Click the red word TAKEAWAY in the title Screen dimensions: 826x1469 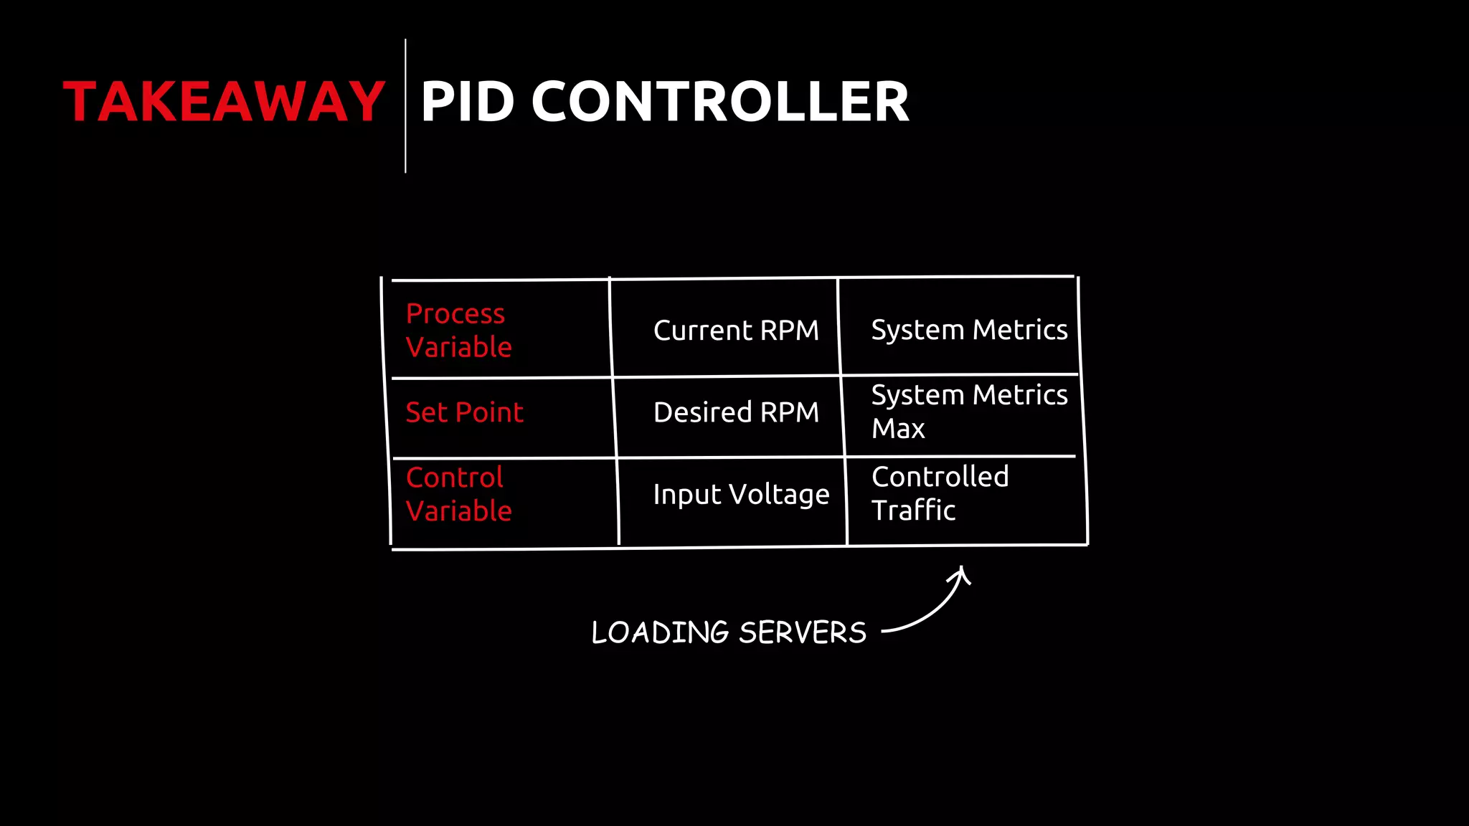coord(224,102)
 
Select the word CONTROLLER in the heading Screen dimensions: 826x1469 coord(720,102)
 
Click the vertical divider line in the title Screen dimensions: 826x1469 coord(405,106)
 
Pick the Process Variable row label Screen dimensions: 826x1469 coord(459,330)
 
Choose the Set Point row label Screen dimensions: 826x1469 coord(464,412)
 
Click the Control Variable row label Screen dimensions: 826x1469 coord(459,494)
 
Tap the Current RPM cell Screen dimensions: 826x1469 coord(736,331)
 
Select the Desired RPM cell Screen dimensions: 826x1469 coord(736,412)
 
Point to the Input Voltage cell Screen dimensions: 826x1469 coord(741,494)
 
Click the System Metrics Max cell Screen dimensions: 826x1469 coord(969,412)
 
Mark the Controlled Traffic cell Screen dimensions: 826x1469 coord(940,493)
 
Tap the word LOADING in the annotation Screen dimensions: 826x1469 coord(660,632)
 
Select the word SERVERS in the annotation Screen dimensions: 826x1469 coord(803,632)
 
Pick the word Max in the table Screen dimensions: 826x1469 coord(898,429)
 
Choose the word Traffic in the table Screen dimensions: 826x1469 coord(914,511)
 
